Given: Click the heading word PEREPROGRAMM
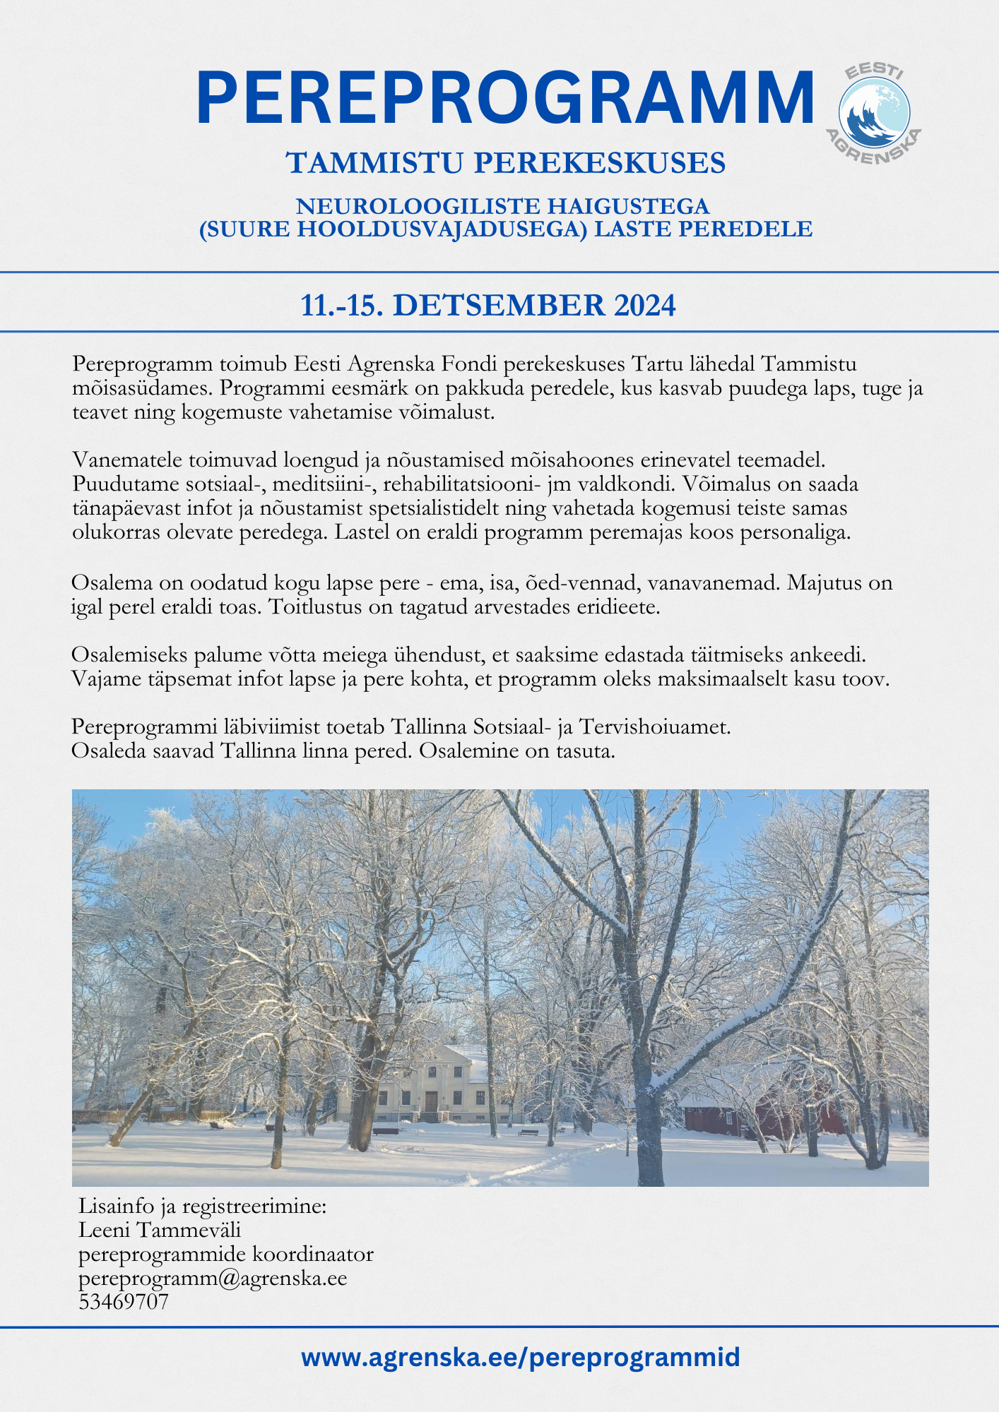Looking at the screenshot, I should [x=505, y=99].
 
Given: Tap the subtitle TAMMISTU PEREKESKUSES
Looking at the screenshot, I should [x=506, y=163].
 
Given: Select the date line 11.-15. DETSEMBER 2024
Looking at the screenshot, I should [x=488, y=305].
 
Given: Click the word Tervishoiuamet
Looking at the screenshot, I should [x=655, y=726].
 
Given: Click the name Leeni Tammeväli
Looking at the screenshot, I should [x=160, y=1230].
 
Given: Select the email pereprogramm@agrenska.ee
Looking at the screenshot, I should [x=213, y=1278].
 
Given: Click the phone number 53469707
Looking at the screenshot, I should [x=124, y=1301].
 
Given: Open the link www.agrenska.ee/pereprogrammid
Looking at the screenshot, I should [x=521, y=1357].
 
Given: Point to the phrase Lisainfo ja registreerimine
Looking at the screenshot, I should [x=202, y=1206].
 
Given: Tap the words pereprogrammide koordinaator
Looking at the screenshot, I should [x=226, y=1254].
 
